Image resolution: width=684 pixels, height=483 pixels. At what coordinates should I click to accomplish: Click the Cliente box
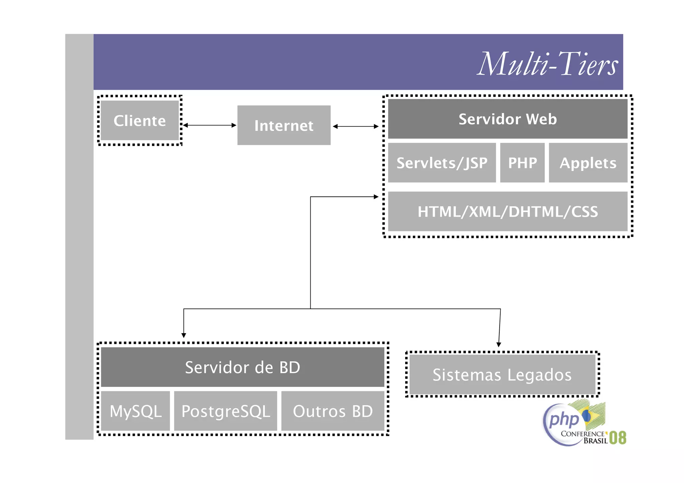[x=140, y=120]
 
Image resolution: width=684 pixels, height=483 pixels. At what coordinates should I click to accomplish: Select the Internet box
[x=284, y=126]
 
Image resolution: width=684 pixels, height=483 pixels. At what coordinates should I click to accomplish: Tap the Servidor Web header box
[x=507, y=119]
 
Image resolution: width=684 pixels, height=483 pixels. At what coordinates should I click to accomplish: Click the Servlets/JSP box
[x=442, y=163]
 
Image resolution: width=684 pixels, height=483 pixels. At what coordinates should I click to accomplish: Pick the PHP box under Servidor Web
[x=522, y=163]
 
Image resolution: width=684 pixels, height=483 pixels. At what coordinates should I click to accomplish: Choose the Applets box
[x=588, y=163]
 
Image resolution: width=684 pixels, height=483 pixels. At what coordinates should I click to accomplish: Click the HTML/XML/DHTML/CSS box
[x=507, y=211]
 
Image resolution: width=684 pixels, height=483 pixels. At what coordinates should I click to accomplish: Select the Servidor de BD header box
[x=242, y=367]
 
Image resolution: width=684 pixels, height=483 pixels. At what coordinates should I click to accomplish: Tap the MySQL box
[x=135, y=411]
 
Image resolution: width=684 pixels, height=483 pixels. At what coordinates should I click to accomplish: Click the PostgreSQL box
[x=225, y=411]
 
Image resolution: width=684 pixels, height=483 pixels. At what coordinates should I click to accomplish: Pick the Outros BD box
[x=333, y=411]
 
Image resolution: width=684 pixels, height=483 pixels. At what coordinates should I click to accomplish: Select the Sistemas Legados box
[x=502, y=375]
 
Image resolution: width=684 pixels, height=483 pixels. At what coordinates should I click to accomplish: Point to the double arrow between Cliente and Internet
[x=210, y=125]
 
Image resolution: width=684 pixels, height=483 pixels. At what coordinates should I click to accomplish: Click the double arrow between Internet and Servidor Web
[x=356, y=127]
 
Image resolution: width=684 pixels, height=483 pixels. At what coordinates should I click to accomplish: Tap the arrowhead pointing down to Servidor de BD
[x=184, y=335]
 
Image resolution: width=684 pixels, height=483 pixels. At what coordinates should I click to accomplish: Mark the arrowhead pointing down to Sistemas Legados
[x=499, y=344]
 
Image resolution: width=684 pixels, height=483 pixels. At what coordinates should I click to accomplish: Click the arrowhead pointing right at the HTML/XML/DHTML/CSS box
[x=376, y=197]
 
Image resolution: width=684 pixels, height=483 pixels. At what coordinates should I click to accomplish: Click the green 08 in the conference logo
[x=618, y=438]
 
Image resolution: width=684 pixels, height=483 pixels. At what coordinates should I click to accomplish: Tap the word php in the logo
[x=564, y=420]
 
